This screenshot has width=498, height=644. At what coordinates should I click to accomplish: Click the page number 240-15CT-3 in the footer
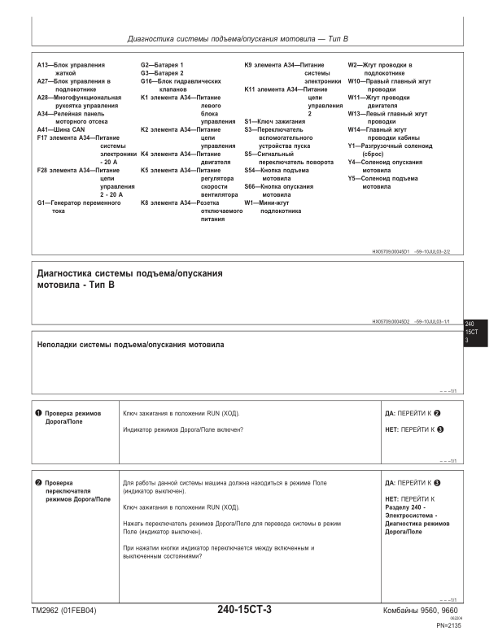[x=244, y=610]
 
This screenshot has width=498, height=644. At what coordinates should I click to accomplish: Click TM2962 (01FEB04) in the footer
[x=63, y=611]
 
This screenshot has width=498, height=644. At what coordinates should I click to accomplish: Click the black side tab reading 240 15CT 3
[x=471, y=333]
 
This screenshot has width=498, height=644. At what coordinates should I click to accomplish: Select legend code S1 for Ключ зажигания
[x=249, y=121]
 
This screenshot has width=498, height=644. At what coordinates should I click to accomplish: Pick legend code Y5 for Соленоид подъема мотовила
[x=353, y=178]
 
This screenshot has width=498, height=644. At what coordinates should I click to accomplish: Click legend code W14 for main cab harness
[x=356, y=129]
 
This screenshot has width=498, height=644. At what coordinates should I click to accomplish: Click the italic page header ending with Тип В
[x=238, y=38]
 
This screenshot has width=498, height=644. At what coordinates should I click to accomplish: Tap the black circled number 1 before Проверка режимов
[x=38, y=413]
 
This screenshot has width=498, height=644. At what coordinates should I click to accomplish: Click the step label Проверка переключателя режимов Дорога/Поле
[x=77, y=490]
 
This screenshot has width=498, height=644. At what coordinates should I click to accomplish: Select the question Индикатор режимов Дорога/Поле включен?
[x=183, y=429]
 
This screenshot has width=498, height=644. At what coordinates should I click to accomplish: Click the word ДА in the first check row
[x=390, y=413]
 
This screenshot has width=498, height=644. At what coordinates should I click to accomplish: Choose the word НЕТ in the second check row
[x=392, y=498]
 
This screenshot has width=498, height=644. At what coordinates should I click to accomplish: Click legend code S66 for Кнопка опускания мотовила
[x=251, y=186]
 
